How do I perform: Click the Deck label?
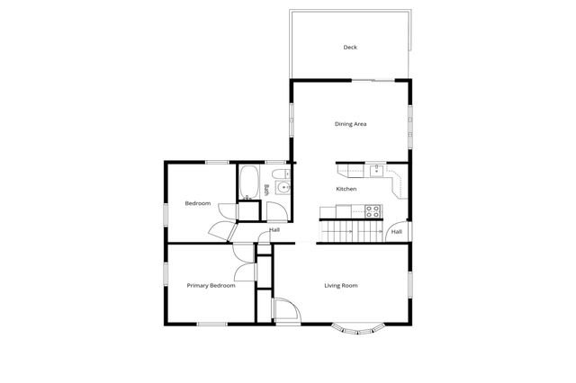350,47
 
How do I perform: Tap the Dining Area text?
350,124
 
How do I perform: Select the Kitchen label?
346,190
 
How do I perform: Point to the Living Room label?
341,286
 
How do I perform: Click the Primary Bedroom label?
211,286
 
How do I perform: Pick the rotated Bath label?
266,189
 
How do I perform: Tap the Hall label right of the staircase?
396,232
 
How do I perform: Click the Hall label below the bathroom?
274,230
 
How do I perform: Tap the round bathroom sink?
283,187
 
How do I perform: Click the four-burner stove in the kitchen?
372,211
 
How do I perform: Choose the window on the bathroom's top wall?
279,163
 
